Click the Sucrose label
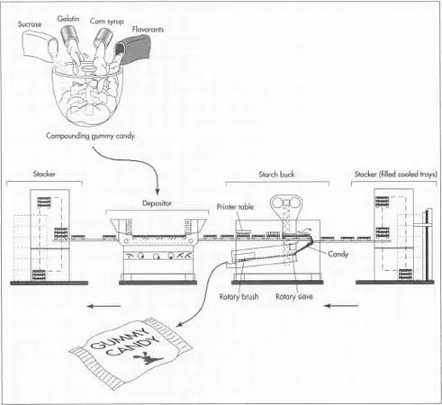30,24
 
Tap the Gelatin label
68,19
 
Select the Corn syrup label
107,22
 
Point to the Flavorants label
148,30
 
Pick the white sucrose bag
40,47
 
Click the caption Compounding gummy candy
91,136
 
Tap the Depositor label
157,203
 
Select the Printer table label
235,207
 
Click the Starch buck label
276,175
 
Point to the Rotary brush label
239,297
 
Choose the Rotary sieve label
294,297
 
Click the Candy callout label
338,254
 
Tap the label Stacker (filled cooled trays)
395,175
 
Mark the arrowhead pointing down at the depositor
158,192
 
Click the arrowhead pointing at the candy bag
180,324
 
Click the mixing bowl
87,95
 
